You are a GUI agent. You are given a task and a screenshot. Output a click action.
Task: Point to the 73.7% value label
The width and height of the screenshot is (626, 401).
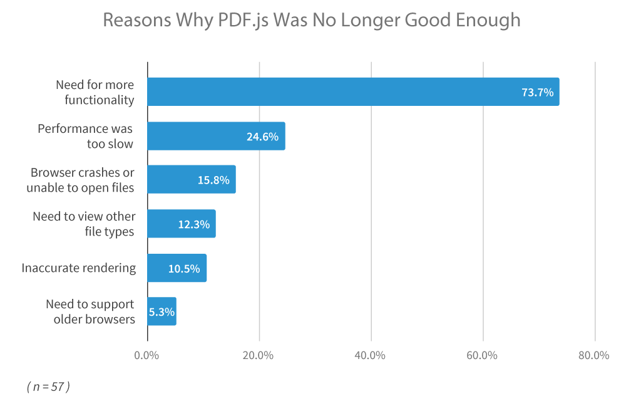537,92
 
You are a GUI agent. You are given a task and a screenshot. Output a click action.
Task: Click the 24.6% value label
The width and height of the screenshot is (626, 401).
262,136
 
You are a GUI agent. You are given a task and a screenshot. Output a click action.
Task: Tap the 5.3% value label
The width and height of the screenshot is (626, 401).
162,311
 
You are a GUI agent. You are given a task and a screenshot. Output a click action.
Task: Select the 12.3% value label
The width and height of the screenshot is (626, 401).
193,224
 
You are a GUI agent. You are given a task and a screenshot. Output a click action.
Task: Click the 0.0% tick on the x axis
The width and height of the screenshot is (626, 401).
146,356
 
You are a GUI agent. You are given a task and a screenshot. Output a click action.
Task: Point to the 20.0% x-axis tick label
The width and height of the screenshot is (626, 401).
258,356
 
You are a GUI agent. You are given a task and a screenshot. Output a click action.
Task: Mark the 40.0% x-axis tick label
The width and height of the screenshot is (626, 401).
370,356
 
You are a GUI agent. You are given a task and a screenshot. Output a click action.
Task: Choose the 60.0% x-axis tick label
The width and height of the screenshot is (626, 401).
481,356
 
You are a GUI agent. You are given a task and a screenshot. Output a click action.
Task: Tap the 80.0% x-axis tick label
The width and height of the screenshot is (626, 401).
593,356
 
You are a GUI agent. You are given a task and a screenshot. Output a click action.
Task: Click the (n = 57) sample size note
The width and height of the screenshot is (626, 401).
48,387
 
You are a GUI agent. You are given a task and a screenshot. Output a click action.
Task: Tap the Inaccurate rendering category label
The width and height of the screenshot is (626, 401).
78,268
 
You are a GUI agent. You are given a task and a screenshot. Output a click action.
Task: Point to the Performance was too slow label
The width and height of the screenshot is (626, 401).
86,136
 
